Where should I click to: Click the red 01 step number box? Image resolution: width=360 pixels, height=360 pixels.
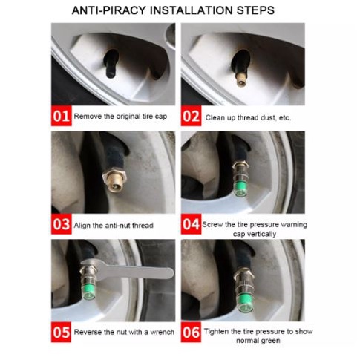pos(61,116)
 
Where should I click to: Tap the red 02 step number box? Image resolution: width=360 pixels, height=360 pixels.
pos(191,116)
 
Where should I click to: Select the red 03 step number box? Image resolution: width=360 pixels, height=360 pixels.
pos(61,224)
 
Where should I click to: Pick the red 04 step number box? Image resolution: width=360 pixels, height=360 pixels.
pos(191,224)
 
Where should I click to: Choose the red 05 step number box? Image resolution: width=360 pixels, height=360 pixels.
pos(61,332)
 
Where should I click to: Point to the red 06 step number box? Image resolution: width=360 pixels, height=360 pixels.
pos(191,332)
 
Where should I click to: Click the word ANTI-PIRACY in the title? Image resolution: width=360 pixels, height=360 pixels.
pos(109,10)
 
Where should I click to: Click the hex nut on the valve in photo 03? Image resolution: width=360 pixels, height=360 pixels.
pos(114,176)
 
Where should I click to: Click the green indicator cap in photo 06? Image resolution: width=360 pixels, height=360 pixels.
pos(244,302)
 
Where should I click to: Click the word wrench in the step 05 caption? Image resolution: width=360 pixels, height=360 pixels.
pos(163,332)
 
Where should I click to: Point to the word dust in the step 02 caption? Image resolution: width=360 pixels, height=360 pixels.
pos(268,117)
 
